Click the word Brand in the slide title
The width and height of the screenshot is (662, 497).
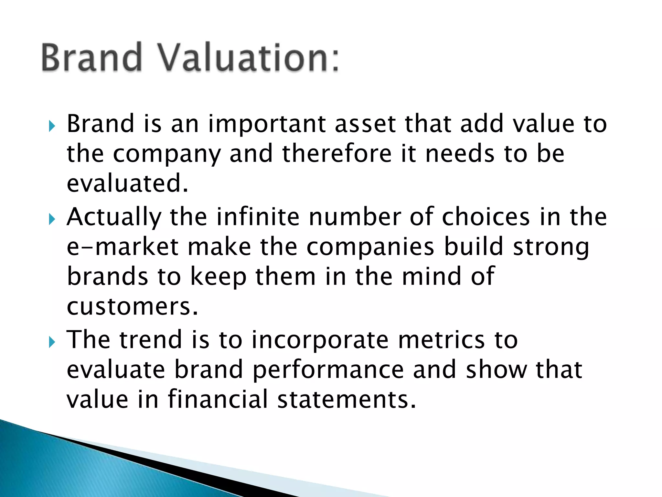(92, 58)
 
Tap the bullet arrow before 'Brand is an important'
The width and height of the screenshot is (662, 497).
(52, 126)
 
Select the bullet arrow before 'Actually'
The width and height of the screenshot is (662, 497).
(52, 219)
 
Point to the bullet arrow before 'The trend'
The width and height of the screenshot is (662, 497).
(52, 342)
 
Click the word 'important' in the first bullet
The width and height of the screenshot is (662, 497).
(267, 124)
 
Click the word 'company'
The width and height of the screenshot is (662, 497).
(166, 155)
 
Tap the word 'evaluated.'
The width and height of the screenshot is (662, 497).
(127, 183)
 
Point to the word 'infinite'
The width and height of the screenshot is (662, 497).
(258, 217)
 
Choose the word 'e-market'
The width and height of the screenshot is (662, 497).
(123, 247)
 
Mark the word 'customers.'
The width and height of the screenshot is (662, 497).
(132, 306)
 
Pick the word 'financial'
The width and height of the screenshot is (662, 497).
(218, 399)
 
